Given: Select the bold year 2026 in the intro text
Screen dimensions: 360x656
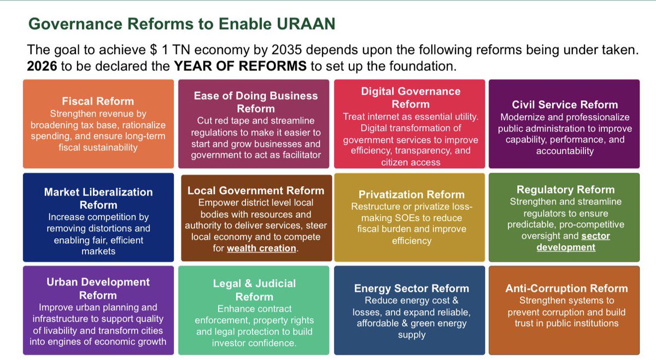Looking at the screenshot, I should tap(43, 67).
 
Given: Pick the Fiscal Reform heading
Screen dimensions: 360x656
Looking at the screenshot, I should tap(98, 101).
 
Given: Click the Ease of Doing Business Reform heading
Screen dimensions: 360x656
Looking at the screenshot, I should tap(255, 102).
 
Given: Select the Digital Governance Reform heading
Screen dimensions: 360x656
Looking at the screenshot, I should tap(411, 97).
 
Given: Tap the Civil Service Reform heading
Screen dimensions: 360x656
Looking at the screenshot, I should tap(565, 104).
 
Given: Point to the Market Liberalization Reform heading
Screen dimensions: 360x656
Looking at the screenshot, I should tap(98, 198).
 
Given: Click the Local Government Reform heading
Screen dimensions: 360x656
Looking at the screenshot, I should tap(255, 191).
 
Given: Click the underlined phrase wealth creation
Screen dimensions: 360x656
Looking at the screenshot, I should tap(261, 248).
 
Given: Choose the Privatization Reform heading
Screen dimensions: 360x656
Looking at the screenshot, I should tap(411, 194).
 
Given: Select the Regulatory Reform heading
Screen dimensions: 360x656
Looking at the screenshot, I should tap(565, 190).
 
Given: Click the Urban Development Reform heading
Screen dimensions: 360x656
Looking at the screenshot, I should tap(98, 288).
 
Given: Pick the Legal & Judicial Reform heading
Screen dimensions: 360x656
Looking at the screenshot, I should tap(254, 290).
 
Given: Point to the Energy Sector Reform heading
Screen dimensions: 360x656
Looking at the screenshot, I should tap(411, 288).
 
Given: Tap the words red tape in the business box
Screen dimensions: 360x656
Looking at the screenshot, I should tap(232, 121).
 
